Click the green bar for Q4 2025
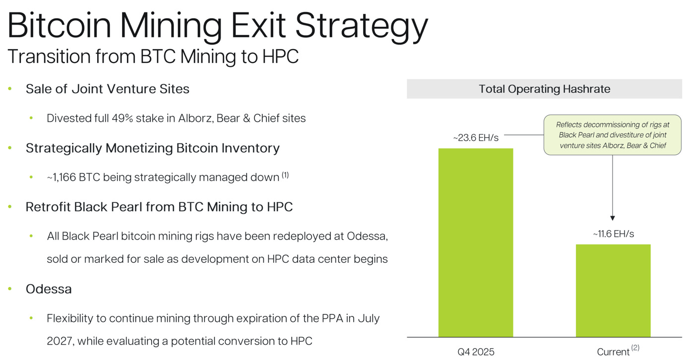point(475,242)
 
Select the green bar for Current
point(613,291)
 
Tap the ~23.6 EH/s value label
point(476,138)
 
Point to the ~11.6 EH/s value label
point(613,234)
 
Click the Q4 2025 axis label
point(476,352)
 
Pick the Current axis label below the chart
point(613,352)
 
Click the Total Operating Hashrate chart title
point(544,89)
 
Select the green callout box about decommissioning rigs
point(612,135)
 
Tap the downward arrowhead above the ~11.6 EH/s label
point(613,218)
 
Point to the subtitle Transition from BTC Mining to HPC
point(153,57)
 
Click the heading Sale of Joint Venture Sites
point(108,89)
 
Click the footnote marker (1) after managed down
point(285,175)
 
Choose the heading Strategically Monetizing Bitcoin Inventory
point(153,148)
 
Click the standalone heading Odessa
point(49,289)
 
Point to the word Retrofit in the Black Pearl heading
point(48,207)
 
